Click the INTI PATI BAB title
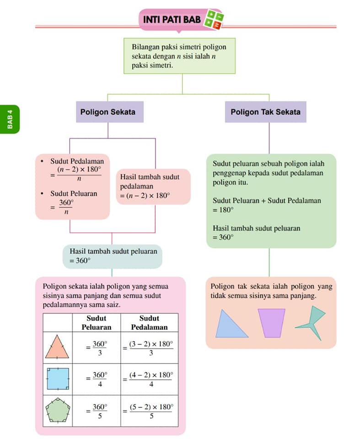click(x=172, y=19)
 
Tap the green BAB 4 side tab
click(x=10, y=119)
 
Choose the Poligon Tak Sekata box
click(x=266, y=112)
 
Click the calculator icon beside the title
click(x=214, y=20)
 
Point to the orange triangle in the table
click(x=57, y=347)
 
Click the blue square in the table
click(x=58, y=379)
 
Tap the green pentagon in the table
click(x=58, y=410)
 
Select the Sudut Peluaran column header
click(x=97, y=322)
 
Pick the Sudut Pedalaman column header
click(x=149, y=322)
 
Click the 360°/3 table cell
click(x=97, y=348)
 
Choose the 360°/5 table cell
click(x=97, y=411)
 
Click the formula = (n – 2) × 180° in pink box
click(x=145, y=195)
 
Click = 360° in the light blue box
click(x=80, y=261)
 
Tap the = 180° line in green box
click(x=223, y=210)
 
